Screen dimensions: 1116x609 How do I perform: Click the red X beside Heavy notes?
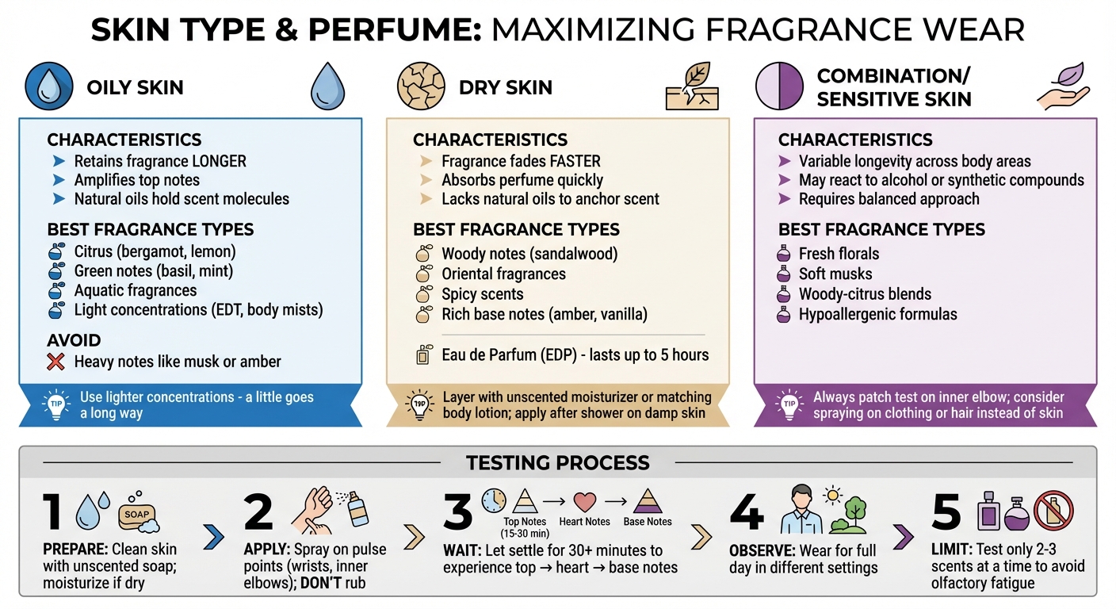tap(55, 362)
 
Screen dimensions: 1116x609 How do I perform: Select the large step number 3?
tap(457, 511)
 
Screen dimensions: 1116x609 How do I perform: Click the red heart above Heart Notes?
tap(584, 501)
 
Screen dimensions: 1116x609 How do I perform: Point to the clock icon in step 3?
tap(494, 500)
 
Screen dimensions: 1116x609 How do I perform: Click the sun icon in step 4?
tap(832, 496)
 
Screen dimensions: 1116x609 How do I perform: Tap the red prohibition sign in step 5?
tap(1053, 511)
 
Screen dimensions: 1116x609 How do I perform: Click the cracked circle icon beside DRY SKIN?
tap(421, 86)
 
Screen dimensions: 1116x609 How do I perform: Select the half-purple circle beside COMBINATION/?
tap(779, 86)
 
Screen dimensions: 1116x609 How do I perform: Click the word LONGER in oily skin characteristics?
tap(220, 162)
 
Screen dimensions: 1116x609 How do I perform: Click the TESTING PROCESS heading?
tap(557, 463)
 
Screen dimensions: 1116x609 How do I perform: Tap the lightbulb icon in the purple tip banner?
tap(789, 404)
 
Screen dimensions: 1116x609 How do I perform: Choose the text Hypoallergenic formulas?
tap(878, 315)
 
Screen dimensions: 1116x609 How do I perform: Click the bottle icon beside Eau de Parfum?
tap(423, 354)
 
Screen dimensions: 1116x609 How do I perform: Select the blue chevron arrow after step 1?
tap(214, 537)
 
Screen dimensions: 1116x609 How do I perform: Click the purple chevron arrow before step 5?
tap(904, 537)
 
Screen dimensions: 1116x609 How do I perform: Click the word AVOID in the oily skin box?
tap(74, 340)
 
